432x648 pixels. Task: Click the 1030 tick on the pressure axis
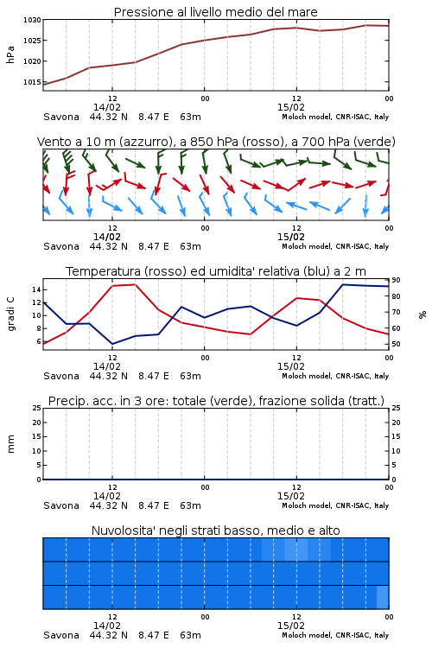tap(32, 20)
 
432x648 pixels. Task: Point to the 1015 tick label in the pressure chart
tap(32, 82)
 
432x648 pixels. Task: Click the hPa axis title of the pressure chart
tap(10, 54)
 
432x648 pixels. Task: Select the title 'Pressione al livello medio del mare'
tap(216, 12)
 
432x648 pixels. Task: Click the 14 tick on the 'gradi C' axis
tap(36, 289)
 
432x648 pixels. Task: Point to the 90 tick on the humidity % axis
tap(396, 280)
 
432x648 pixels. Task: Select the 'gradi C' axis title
tap(10, 314)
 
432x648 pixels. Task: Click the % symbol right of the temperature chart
tap(422, 314)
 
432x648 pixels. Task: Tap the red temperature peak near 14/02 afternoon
tap(135, 284)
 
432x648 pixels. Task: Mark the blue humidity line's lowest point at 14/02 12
tap(112, 344)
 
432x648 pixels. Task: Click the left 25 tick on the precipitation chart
tap(36, 408)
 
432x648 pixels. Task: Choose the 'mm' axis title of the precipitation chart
tap(10, 444)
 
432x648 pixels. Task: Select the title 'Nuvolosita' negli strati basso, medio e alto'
tap(216, 530)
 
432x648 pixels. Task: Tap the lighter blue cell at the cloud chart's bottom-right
tap(383, 597)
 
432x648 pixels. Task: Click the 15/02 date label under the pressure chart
tap(290, 107)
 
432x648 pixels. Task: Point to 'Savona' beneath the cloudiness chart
tap(61, 635)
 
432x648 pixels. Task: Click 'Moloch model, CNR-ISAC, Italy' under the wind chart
tap(335, 246)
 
